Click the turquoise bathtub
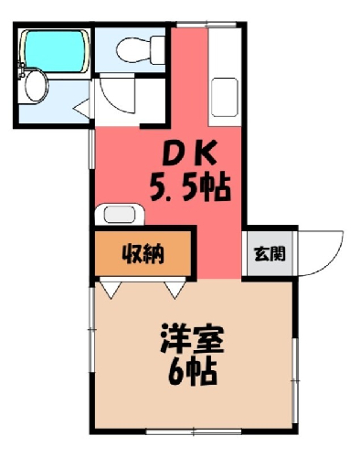click(54, 51)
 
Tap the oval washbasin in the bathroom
click(37, 85)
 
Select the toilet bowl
click(133, 50)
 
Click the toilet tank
click(158, 50)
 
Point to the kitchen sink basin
click(225, 97)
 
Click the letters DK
click(189, 152)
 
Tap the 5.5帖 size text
click(190, 186)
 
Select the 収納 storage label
click(143, 253)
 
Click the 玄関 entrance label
click(270, 253)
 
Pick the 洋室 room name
click(192, 338)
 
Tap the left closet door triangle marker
click(110, 290)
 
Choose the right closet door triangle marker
click(175, 290)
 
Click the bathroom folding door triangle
click(82, 108)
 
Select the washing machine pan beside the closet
click(120, 214)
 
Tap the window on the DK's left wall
click(91, 149)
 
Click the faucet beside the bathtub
click(21, 70)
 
